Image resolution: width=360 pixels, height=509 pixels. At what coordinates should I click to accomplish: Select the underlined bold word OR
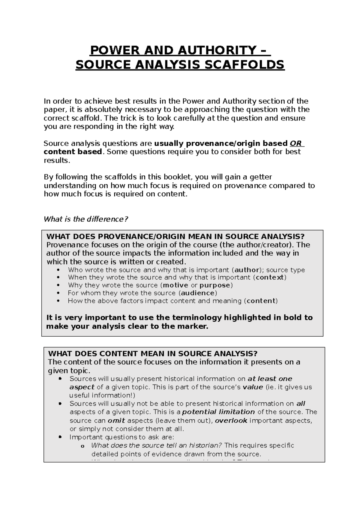[x=296, y=143]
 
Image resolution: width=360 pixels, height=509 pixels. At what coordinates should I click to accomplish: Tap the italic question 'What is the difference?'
[x=86, y=219]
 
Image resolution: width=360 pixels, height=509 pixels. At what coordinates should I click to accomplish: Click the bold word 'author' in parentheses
[x=247, y=270]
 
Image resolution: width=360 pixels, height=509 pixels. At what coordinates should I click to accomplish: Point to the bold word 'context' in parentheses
[x=270, y=277]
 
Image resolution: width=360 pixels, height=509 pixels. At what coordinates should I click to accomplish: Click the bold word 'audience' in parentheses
[x=198, y=293]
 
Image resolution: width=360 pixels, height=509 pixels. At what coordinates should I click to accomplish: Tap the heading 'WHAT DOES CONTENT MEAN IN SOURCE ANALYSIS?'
[x=153, y=353]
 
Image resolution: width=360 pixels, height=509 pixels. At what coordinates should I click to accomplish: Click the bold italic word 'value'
[x=253, y=387]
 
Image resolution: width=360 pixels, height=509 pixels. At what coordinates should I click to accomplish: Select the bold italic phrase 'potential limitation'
[x=218, y=412]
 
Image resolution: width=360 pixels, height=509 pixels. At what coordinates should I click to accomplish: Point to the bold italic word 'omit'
[x=116, y=421]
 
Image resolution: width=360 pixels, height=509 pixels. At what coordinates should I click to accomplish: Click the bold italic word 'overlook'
[x=231, y=421]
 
